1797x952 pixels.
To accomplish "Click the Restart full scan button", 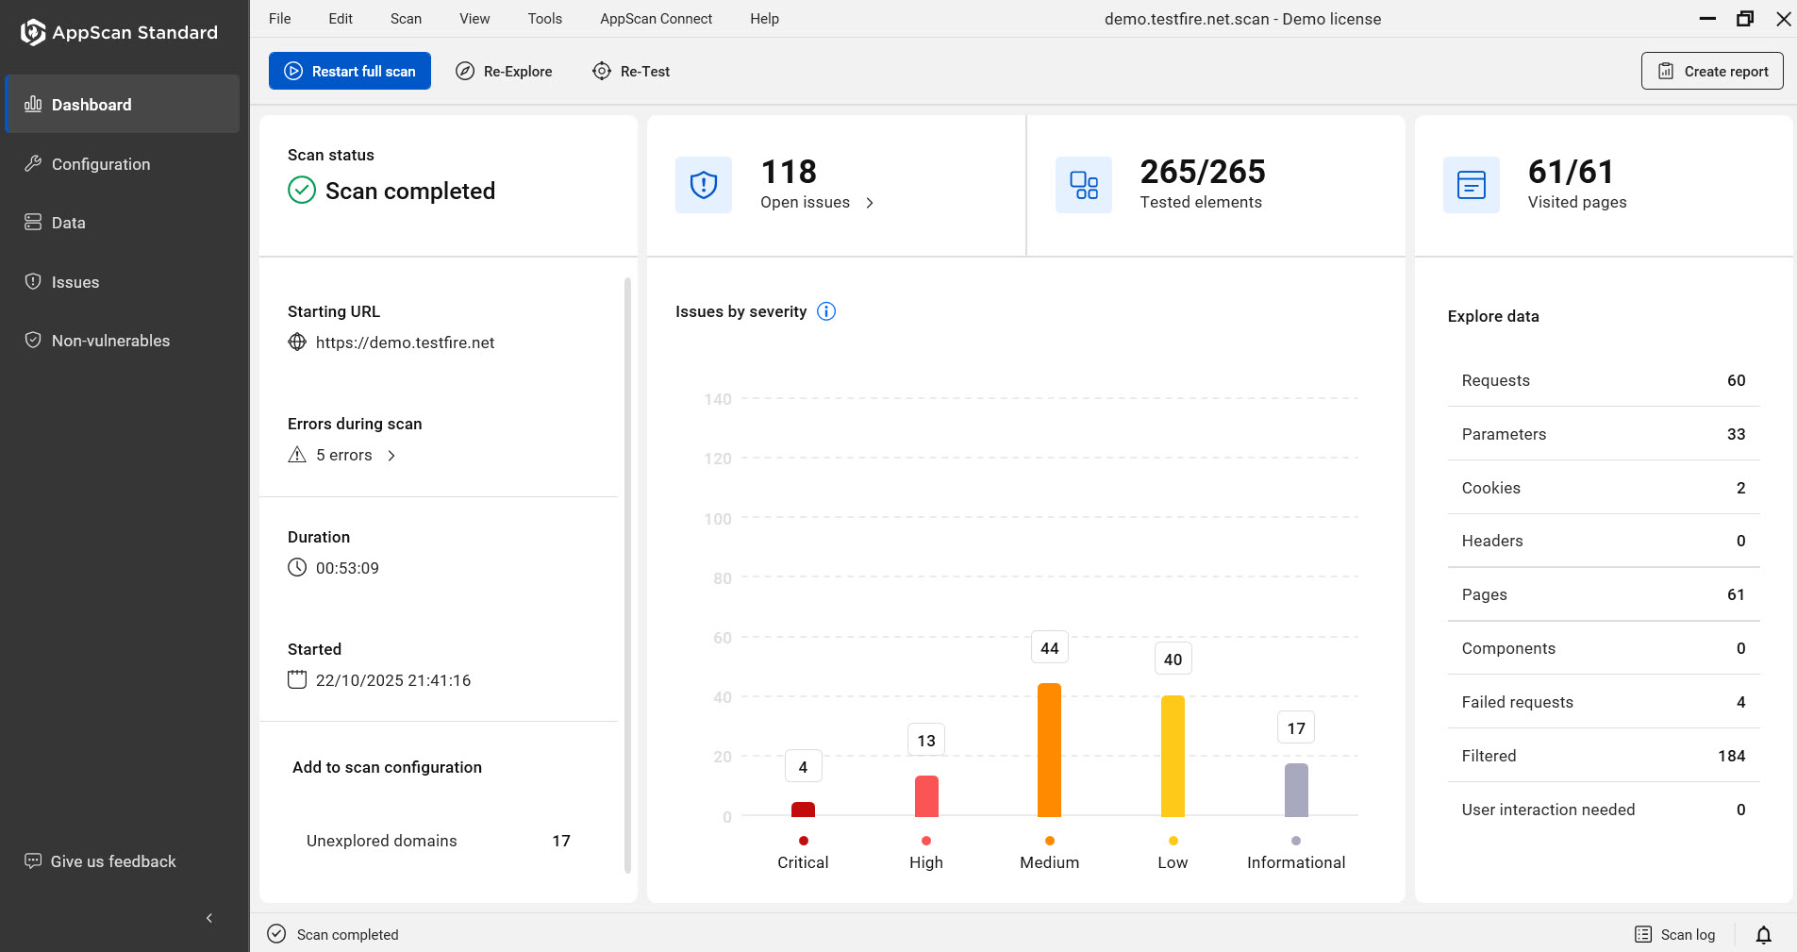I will click(350, 71).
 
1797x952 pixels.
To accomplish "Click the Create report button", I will click(1711, 71).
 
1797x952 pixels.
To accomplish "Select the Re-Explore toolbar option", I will click(504, 71).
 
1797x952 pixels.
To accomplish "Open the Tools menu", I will click(544, 19).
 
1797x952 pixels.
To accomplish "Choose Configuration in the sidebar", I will click(101, 164).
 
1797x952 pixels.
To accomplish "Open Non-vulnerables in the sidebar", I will click(110, 341).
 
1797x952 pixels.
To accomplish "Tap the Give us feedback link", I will click(112, 861).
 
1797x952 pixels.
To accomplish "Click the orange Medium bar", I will click(1049, 750).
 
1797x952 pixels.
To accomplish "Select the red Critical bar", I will click(803, 810).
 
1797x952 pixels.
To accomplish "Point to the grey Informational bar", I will click(1296, 790).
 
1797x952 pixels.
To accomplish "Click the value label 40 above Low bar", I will click(1173, 660).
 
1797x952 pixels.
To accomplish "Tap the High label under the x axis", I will click(925, 862).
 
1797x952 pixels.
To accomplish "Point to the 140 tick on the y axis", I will click(718, 399).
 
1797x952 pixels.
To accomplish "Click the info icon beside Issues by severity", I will click(826, 311).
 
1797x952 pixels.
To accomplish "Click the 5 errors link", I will click(344, 455).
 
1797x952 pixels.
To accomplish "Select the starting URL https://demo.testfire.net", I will click(405, 342).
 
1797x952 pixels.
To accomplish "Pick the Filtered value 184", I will click(1731, 756).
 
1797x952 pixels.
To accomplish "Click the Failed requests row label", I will click(1517, 702).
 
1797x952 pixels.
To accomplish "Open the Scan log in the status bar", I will click(1675, 934).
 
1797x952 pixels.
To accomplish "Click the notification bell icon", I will click(1763, 934).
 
